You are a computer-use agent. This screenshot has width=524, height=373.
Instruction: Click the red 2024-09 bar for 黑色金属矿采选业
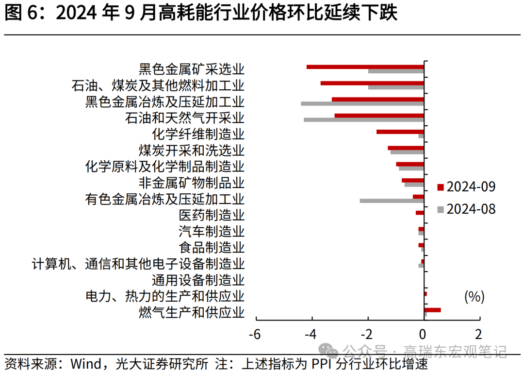pos(365,67)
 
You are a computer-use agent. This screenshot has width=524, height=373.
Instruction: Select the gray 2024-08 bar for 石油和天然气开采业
pos(364,120)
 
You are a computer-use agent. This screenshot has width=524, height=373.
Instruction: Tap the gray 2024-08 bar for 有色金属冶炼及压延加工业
pos(392,201)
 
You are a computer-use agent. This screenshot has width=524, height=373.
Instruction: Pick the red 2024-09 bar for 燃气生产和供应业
pos(432,310)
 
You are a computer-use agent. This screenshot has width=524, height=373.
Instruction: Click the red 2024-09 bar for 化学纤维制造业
pos(400,132)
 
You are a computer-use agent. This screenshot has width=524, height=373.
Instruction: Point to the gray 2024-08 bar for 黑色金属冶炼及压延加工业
pos(362,103)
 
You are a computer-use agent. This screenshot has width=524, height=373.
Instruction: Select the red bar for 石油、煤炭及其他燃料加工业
pos(372,83)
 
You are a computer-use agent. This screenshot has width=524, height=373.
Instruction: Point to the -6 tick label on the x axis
pos(254,335)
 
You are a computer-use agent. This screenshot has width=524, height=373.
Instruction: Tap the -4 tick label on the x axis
pos(311,335)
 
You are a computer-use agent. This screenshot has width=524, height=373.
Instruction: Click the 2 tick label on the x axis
pos(479,335)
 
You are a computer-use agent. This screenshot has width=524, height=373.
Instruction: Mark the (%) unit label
pos(475,296)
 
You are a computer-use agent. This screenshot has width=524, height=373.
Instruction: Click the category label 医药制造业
pos(212,215)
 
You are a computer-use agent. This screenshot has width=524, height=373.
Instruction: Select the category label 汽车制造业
pos(212,231)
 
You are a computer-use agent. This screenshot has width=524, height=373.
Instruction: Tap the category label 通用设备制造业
pos(198,280)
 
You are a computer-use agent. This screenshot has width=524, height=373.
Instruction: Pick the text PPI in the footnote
pos(322,363)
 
